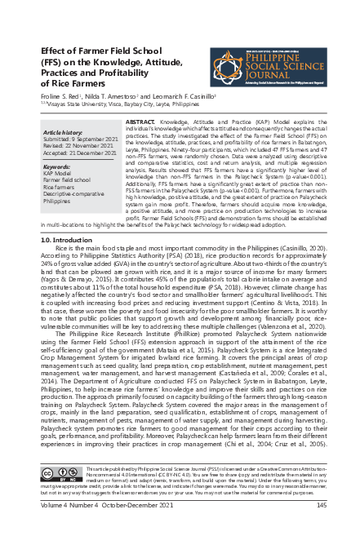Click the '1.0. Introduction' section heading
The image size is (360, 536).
point(67,241)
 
